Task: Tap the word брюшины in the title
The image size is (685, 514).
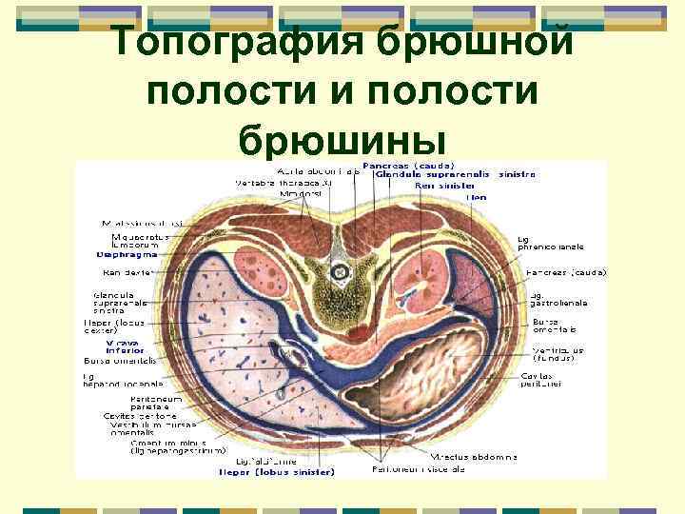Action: click(342, 139)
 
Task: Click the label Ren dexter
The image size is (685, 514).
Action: click(129, 272)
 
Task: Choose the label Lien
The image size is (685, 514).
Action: click(476, 197)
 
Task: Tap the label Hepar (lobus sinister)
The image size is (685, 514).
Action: click(276, 471)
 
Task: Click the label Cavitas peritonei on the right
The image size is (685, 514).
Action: click(543, 379)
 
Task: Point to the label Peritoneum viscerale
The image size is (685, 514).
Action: click(433, 469)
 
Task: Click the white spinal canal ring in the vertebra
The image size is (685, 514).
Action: click(337, 272)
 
